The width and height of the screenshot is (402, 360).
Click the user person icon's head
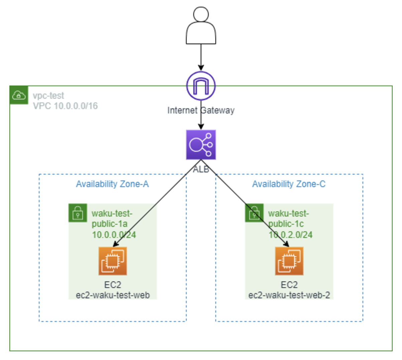(x=201, y=14)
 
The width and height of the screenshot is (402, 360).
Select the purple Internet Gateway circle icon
(x=201, y=86)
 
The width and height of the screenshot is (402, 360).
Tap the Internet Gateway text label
(x=201, y=110)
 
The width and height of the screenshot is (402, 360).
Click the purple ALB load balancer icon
(x=201, y=145)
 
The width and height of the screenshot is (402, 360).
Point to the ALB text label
(x=201, y=169)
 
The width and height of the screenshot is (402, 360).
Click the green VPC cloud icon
(x=19, y=95)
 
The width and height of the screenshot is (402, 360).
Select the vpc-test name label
(x=48, y=95)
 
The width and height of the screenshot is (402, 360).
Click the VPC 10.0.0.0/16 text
(x=65, y=106)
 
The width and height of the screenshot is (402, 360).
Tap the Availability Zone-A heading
(x=112, y=184)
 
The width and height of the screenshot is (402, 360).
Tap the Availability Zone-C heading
(x=289, y=184)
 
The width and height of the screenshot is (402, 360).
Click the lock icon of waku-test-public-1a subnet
(x=78, y=213)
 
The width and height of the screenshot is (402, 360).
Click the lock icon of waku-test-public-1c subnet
(x=254, y=213)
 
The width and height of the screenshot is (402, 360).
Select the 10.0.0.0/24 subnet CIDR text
(x=114, y=235)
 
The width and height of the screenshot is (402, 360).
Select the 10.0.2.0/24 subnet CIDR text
(x=291, y=235)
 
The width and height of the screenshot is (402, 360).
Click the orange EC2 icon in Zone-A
(x=113, y=261)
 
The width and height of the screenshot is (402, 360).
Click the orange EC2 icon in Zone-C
(x=289, y=261)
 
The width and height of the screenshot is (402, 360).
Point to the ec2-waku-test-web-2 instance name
(x=289, y=295)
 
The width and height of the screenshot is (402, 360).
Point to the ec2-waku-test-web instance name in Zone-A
(x=113, y=295)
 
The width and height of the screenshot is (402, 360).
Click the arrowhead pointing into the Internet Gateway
(x=201, y=68)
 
